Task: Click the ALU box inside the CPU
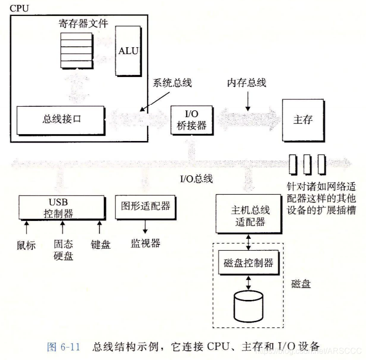pos(127,51)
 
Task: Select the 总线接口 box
pos(60,120)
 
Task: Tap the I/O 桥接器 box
pos(188,120)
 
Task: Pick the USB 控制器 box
pos(62,208)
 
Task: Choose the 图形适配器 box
pos(145,205)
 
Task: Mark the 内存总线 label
pos(246,83)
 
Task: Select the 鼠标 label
pos(26,245)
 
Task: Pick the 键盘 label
pos(100,245)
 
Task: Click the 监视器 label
pos(146,243)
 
